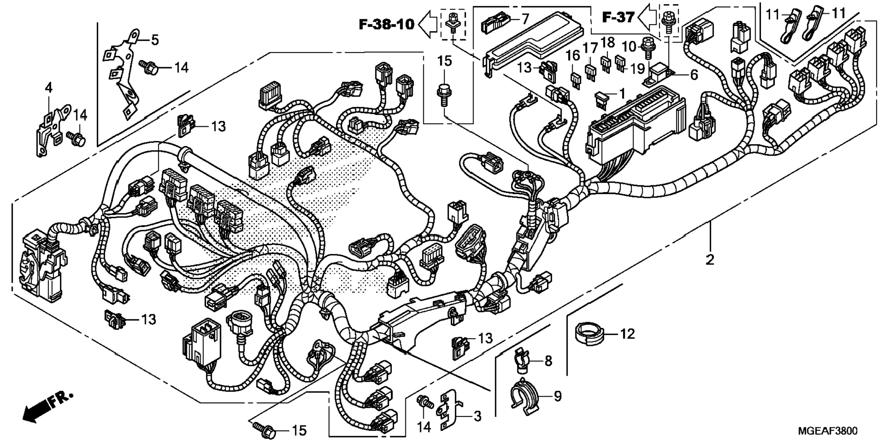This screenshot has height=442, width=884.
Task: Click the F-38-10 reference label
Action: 386,24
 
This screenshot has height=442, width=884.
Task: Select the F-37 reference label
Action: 618,17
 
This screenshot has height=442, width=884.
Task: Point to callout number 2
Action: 709,260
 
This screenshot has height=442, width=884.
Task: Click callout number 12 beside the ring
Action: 628,334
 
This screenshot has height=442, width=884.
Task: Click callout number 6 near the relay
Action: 694,75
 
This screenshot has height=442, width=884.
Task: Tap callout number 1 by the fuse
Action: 622,93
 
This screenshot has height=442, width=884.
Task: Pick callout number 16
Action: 573,55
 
